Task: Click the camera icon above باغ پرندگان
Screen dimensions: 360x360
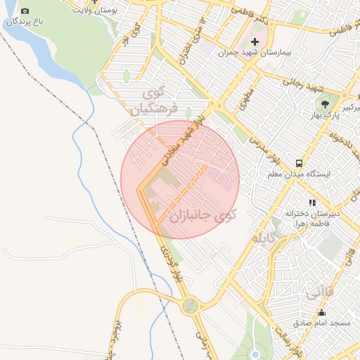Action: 25,11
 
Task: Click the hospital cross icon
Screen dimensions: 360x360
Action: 255,42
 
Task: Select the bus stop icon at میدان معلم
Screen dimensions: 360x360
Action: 300,162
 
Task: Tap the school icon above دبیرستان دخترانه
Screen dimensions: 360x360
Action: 312,202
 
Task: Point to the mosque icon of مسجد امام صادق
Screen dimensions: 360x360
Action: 322,312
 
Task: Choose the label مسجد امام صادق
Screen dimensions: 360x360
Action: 323,323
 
